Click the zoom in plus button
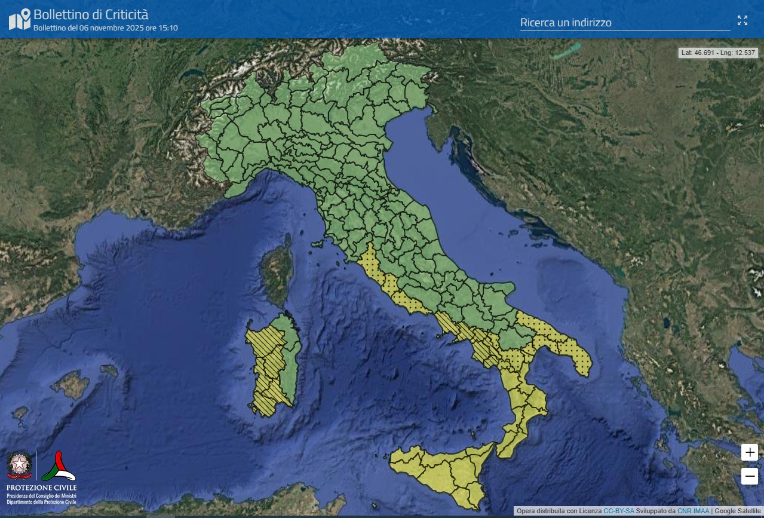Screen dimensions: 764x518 click(750, 452)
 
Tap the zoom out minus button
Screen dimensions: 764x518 click(750, 476)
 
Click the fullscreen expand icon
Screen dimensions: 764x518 click(742, 20)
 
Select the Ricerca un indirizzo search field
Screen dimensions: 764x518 click(624, 23)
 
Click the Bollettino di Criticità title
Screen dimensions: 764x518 click(91, 14)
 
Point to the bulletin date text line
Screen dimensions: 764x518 click(105, 28)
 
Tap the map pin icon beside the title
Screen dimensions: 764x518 click(20, 19)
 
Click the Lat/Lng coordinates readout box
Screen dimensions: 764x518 click(719, 53)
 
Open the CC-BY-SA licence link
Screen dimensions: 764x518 click(619, 511)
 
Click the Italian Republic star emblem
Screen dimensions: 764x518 click(20, 465)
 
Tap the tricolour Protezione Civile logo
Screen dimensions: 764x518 click(58, 466)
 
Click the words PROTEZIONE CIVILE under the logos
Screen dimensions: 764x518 click(41, 488)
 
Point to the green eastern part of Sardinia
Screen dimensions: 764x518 click(292, 364)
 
